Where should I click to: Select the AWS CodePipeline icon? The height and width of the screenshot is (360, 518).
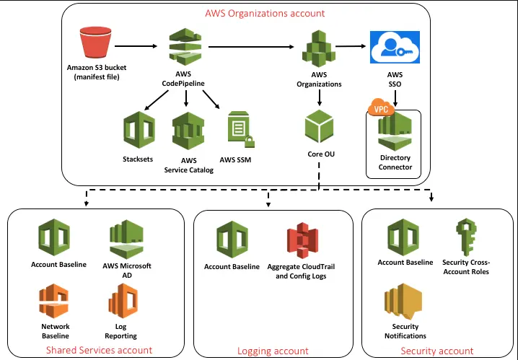point(186,48)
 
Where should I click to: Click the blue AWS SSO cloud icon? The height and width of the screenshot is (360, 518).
point(390,50)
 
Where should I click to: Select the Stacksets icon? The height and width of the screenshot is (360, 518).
point(139,131)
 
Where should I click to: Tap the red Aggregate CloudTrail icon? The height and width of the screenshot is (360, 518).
point(302,240)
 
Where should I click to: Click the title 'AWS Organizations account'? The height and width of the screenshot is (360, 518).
point(264,13)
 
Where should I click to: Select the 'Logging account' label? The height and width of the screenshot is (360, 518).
point(273,351)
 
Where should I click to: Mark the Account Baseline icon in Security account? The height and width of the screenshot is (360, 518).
point(405,237)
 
